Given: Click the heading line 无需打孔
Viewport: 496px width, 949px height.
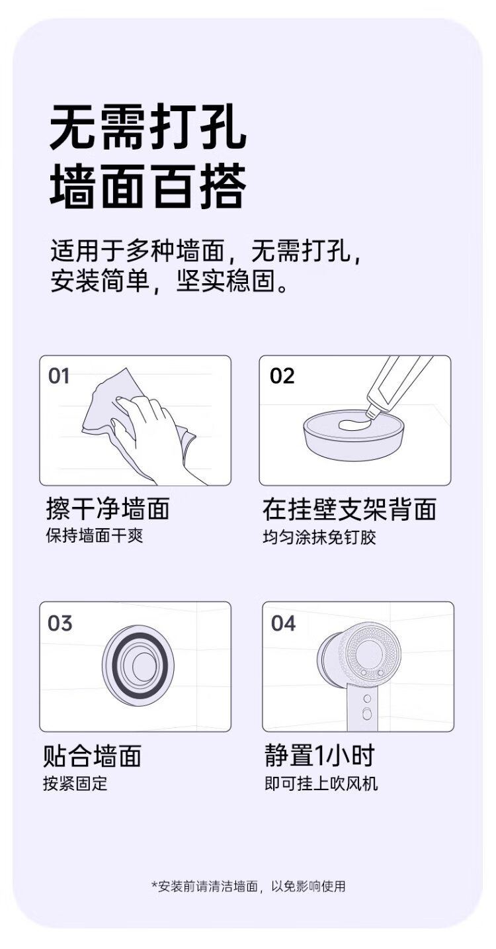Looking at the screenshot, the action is [x=147, y=126].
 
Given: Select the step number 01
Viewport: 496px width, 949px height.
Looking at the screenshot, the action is [x=59, y=376].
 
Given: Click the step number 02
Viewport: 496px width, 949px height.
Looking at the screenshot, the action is [x=282, y=376].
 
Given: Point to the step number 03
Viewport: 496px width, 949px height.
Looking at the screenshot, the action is [x=60, y=623].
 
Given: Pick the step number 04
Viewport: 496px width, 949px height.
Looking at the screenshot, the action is [x=283, y=623].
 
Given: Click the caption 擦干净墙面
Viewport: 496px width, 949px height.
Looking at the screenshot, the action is [x=108, y=508].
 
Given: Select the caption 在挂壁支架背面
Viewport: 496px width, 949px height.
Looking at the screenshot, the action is [x=349, y=509].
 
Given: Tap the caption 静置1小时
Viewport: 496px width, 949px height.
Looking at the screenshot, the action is [x=319, y=755].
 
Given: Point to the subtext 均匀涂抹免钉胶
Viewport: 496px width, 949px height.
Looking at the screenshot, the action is [x=319, y=537].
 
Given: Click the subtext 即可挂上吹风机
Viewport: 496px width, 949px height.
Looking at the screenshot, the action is [x=321, y=784].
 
